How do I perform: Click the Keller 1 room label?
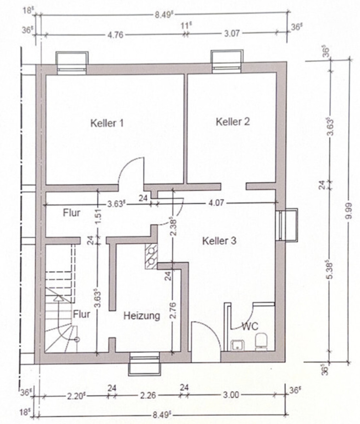coord(107,123)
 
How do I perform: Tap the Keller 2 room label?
coord(233,122)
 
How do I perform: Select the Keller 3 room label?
coord(219,241)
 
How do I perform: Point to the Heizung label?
coord(141,316)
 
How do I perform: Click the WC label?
coord(250,326)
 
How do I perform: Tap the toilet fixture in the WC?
coord(262,341)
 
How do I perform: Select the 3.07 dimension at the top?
coord(232,34)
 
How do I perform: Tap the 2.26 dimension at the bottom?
coord(148,395)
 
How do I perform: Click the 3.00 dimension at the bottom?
coord(231,395)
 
